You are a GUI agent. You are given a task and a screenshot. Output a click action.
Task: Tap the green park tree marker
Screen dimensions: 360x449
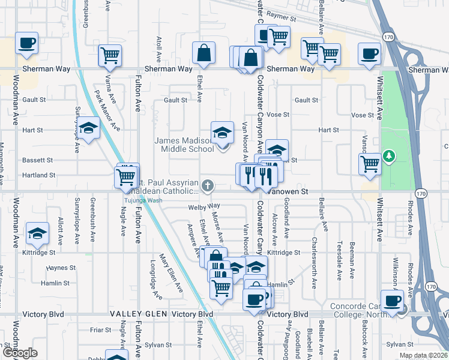(x=390, y=157)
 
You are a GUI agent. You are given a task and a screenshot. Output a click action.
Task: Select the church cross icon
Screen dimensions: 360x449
(x=208, y=186)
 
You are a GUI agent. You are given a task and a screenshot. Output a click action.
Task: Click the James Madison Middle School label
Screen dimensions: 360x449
(x=184, y=145)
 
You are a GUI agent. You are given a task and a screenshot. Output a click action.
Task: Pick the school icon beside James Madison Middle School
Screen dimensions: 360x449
(x=221, y=133)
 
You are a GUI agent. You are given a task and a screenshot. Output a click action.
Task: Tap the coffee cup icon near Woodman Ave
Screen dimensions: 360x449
(x=27, y=43)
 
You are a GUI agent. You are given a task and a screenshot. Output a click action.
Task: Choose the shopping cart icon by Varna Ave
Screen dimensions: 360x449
(x=110, y=56)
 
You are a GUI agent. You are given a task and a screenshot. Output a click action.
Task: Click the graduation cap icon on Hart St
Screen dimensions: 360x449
(x=88, y=128)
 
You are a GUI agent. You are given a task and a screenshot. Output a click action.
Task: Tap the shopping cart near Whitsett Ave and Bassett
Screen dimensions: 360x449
(x=370, y=163)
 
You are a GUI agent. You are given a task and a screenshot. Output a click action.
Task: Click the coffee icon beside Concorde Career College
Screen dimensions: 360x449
(x=393, y=301)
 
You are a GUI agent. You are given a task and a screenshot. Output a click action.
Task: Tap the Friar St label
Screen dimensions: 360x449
(x=97, y=329)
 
